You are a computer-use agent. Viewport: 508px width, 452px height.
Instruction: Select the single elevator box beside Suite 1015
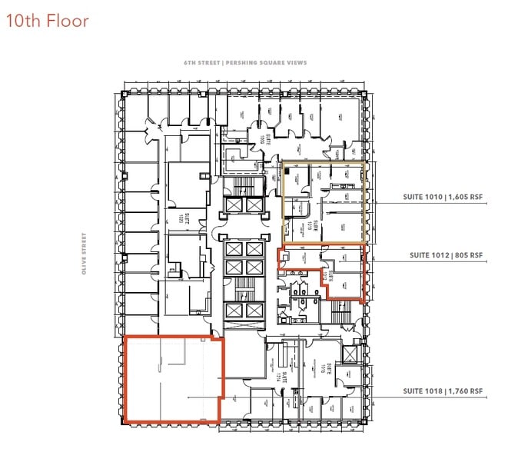(x=350, y=354)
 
